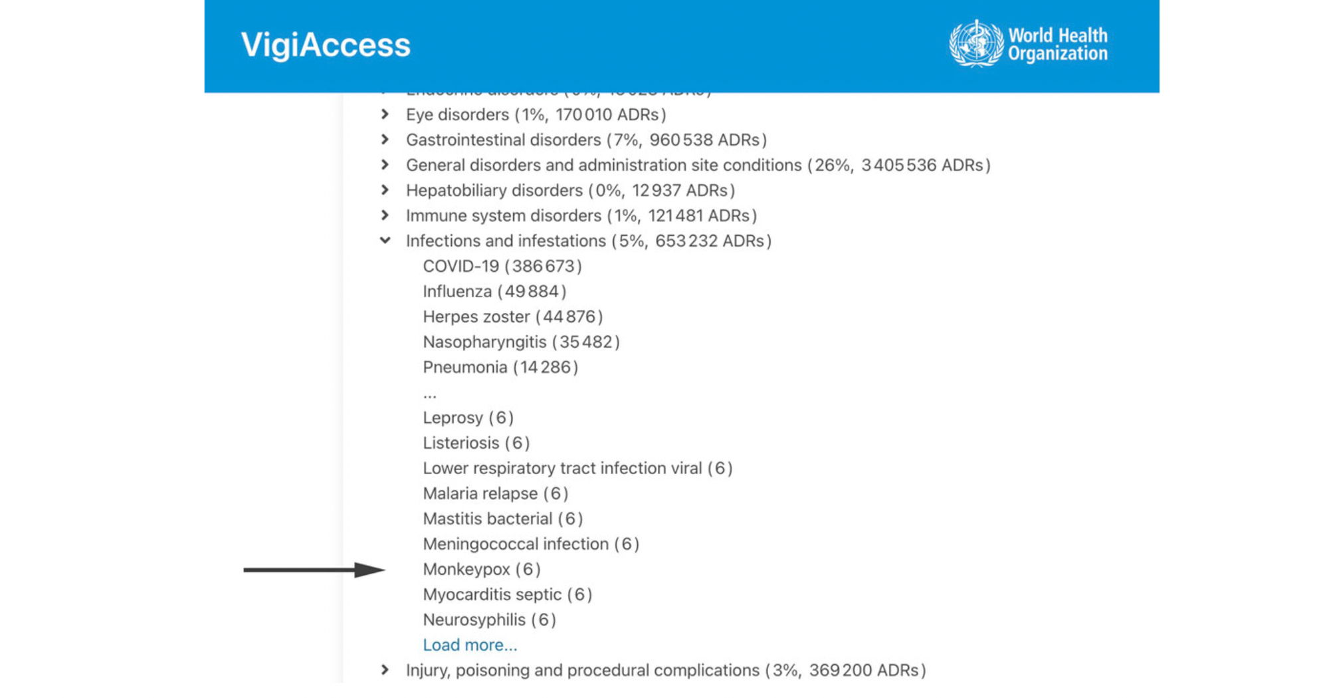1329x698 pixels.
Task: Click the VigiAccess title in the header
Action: [326, 45]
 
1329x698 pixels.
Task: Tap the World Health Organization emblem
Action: [975, 44]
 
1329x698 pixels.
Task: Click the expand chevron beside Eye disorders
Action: [385, 114]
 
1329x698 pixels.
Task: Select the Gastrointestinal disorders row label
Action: [503, 140]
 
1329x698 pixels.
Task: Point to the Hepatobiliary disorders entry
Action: [494, 191]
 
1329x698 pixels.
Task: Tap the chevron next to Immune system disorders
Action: [385, 215]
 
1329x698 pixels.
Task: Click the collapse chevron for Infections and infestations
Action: [385, 241]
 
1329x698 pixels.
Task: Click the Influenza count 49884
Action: [532, 292]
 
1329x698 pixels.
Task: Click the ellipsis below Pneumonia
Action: [430, 395]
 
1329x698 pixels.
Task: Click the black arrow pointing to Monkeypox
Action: [313, 570]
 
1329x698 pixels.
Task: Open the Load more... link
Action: [470, 645]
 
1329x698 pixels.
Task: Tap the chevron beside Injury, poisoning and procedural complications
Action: [385, 670]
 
